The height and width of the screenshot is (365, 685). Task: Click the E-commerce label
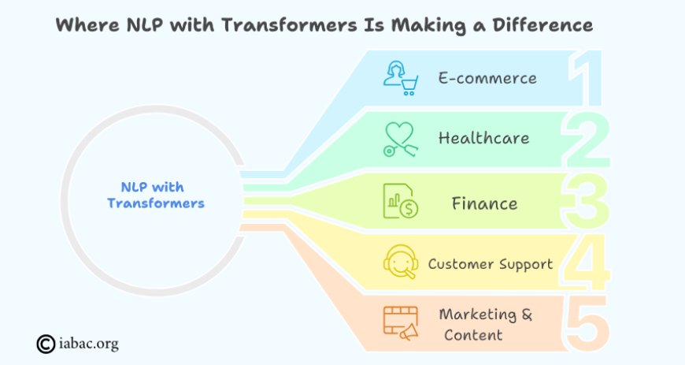(487, 78)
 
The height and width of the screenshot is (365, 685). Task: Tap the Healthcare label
(484, 138)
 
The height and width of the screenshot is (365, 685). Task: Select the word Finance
(484, 203)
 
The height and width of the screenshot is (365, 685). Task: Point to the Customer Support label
(491, 264)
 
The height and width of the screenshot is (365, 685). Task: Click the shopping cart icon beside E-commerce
(401, 78)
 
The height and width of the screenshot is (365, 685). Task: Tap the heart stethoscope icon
(401, 140)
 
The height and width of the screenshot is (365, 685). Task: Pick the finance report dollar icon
(401, 201)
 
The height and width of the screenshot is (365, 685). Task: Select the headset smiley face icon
(401, 262)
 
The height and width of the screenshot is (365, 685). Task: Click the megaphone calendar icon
(401, 323)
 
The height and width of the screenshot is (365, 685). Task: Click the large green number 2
(585, 140)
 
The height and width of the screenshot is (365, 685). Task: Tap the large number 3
(585, 201)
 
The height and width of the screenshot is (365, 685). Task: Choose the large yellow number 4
(586, 263)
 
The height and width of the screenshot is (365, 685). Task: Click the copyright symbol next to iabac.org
(46, 344)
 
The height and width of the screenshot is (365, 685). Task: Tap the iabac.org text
(89, 345)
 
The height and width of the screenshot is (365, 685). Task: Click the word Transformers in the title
(289, 25)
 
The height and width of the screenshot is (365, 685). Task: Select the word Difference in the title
(542, 25)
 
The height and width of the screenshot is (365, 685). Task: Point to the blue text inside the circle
(156, 196)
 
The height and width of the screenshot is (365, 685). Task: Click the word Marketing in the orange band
(477, 315)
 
